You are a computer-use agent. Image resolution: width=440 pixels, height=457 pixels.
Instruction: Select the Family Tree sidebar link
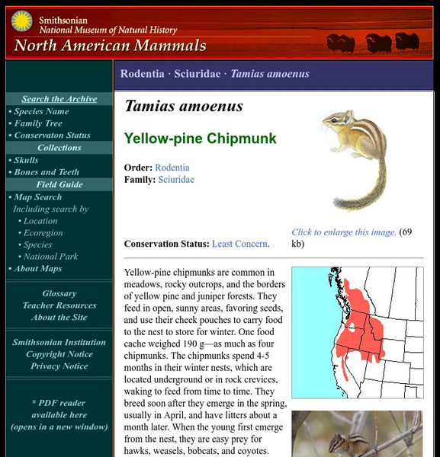click(x=38, y=123)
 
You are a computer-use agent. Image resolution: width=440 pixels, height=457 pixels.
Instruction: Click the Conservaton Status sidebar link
click(x=52, y=136)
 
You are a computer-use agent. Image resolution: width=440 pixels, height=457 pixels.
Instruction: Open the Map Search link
click(x=37, y=197)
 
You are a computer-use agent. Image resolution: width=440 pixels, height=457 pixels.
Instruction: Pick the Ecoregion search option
click(x=43, y=233)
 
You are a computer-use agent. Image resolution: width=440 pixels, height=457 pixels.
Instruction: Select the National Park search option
click(x=50, y=257)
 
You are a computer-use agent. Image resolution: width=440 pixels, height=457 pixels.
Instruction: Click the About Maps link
click(x=37, y=269)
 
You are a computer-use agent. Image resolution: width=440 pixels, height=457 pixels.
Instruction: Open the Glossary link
click(x=59, y=293)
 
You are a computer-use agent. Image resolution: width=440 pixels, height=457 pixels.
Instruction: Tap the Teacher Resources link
click(x=59, y=305)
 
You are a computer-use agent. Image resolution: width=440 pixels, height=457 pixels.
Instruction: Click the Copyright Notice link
click(x=59, y=354)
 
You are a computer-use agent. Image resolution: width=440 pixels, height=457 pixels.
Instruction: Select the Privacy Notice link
click(x=59, y=366)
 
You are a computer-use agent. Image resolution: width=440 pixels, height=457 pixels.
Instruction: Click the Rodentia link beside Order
click(x=172, y=168)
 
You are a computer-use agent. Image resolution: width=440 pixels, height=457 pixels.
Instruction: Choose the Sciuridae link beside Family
click(x=175, y=180)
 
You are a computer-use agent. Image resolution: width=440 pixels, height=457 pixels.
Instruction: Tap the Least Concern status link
click(x=240, y=244)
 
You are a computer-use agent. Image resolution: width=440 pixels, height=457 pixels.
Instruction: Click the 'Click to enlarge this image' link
click(x=344, y=232)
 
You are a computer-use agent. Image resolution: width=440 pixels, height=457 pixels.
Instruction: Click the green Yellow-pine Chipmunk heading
click(x=200, y=139)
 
